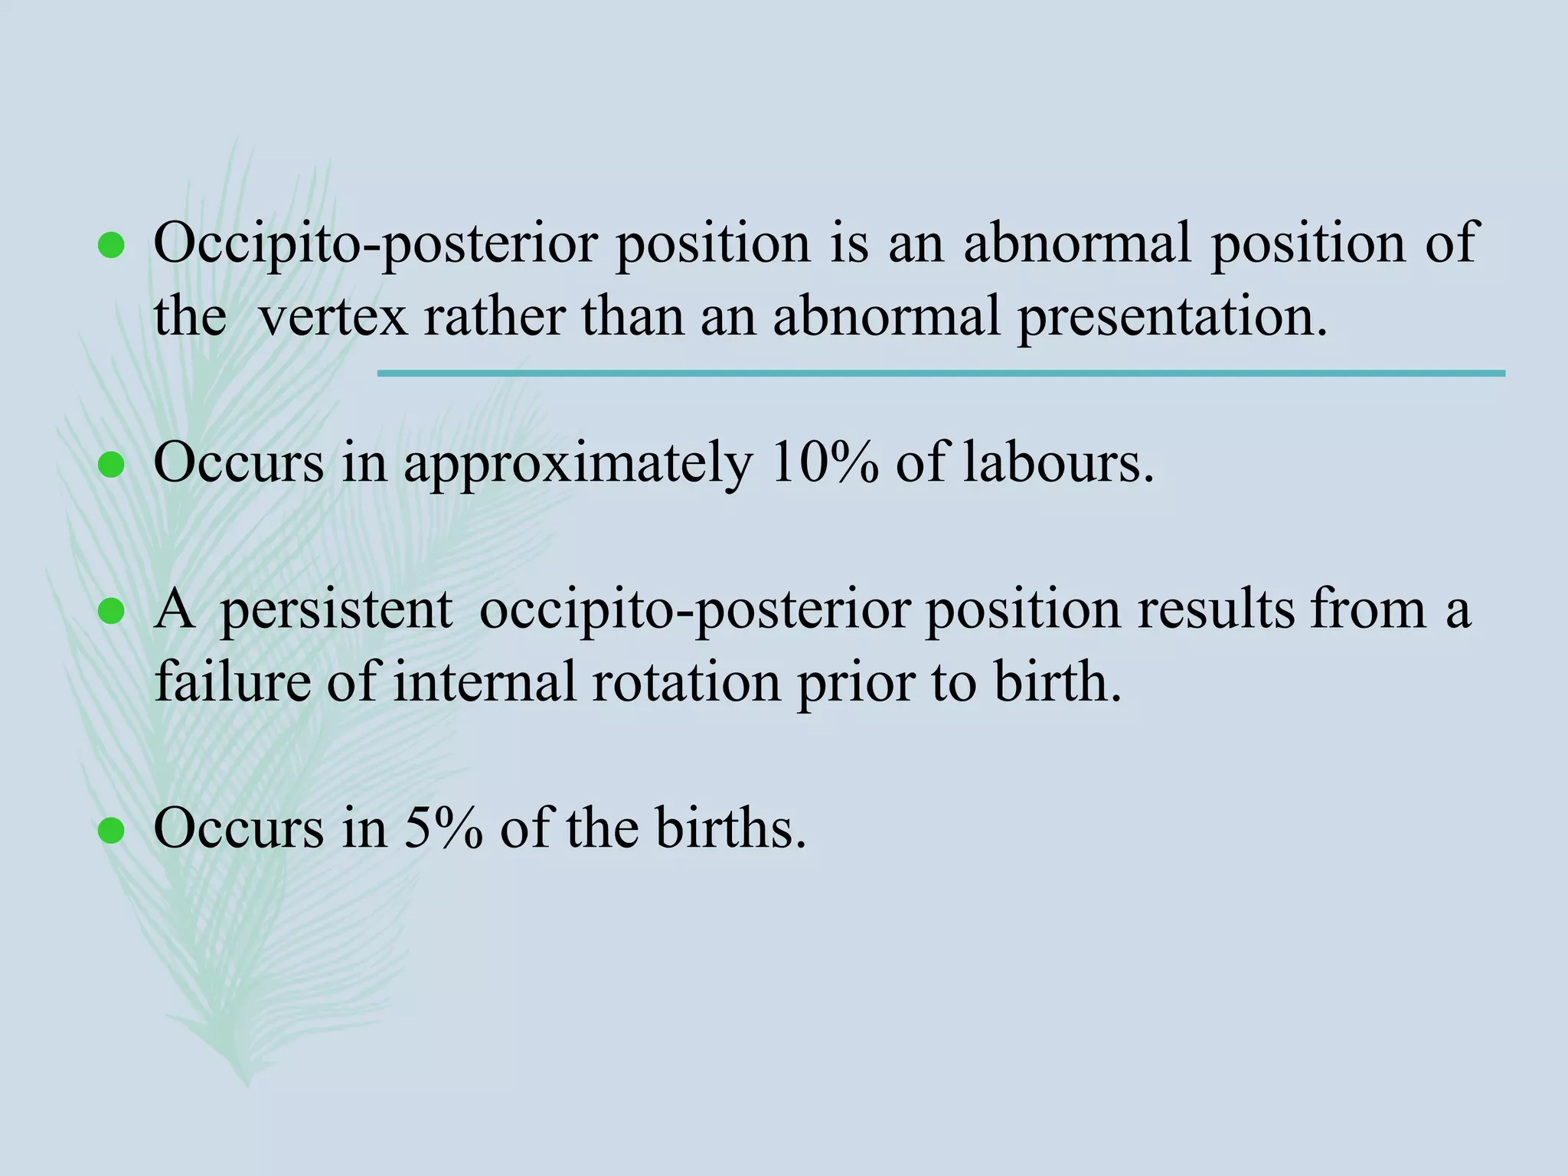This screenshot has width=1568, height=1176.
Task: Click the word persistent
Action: (x=337, y=611)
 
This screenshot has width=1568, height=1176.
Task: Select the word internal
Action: (x=485, y=681)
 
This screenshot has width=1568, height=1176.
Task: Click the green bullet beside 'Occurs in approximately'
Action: (x=112, y=465)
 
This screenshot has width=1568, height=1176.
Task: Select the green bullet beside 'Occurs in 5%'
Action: (x=112, y=830)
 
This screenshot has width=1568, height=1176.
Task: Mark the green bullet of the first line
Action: (x=112, y=246)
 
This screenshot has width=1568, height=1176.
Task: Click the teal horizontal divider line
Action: (x=941, y=374)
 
